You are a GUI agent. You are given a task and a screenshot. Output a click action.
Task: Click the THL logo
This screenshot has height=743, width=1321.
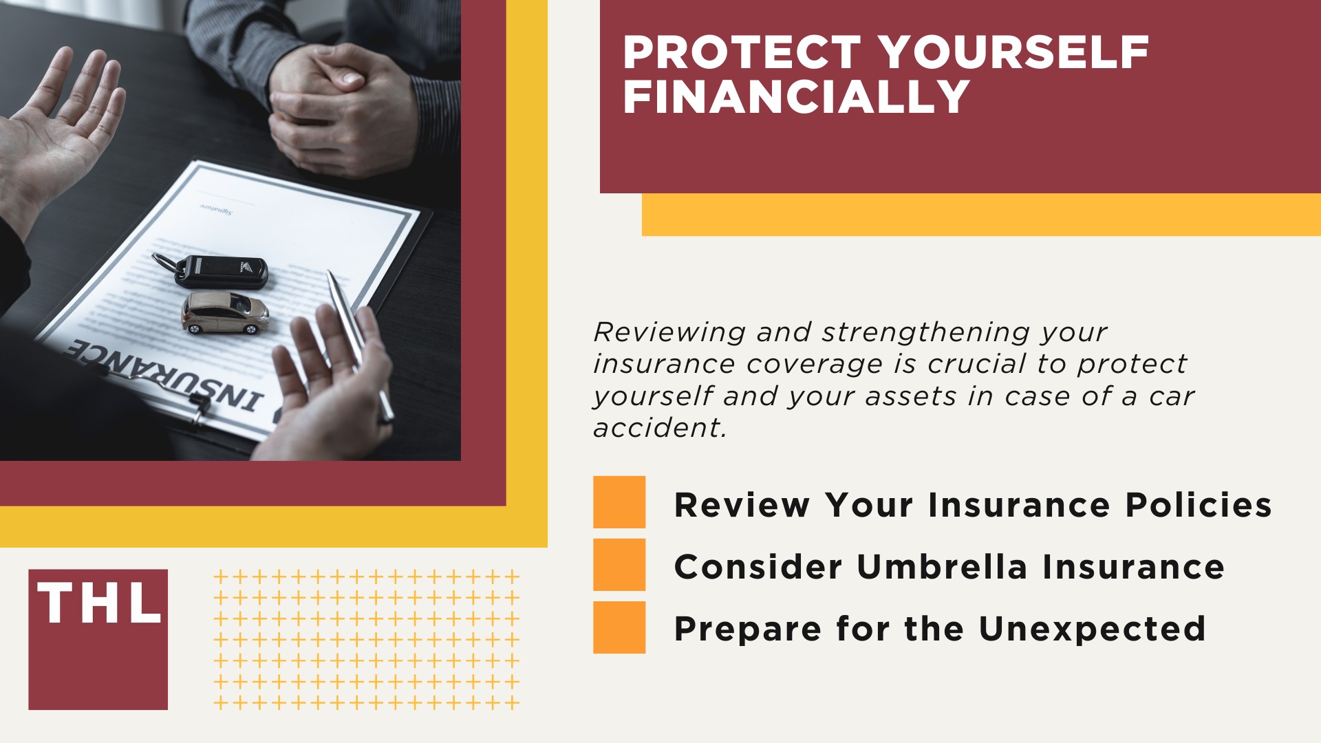(98, 638)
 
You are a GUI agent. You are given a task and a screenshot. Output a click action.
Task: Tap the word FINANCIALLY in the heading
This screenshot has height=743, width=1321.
(796, 96)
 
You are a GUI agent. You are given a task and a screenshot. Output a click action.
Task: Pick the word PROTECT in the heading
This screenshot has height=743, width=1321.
(741, 53)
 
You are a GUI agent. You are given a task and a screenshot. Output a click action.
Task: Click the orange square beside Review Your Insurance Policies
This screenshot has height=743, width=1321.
(619, 502)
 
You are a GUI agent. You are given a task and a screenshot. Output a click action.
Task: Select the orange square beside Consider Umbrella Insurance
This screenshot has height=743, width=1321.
(619, 564)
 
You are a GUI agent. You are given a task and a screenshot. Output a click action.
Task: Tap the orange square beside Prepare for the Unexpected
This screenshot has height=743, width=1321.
(619, 627)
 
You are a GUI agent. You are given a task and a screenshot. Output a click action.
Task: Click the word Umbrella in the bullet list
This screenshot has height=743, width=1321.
(942, 567)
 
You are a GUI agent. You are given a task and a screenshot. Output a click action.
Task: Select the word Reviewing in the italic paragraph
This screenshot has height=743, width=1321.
(669, 332)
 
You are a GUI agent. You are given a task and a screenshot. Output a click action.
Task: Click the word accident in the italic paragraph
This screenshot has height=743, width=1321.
(660, 428)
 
